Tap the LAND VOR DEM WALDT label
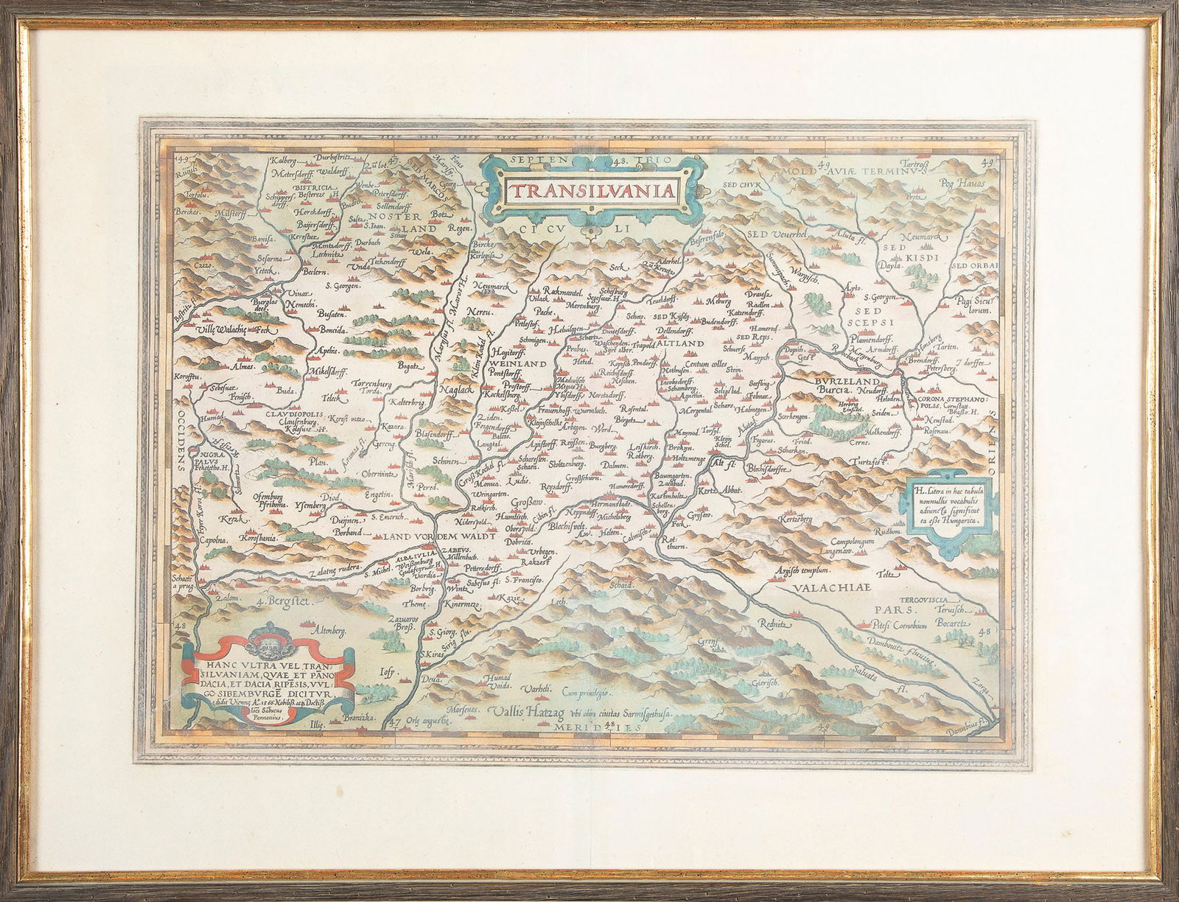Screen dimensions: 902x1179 [439, 537]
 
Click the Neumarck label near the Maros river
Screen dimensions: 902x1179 [494, 284]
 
